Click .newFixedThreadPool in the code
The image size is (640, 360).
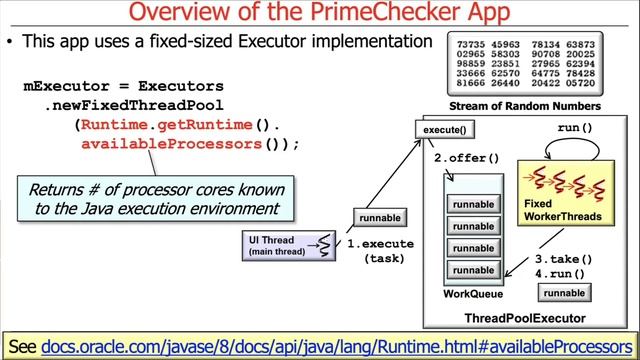pyautogui.click(x=133, y=105)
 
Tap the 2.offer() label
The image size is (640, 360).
pyautogui.click(x=466, y=158)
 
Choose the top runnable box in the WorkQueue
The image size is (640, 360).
pyautogui.click(x=473, y=205)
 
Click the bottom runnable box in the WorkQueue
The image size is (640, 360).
pyautogui.click(x=473, y=270)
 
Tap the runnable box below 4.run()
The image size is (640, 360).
pyautogui.click(x=564, y=292)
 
